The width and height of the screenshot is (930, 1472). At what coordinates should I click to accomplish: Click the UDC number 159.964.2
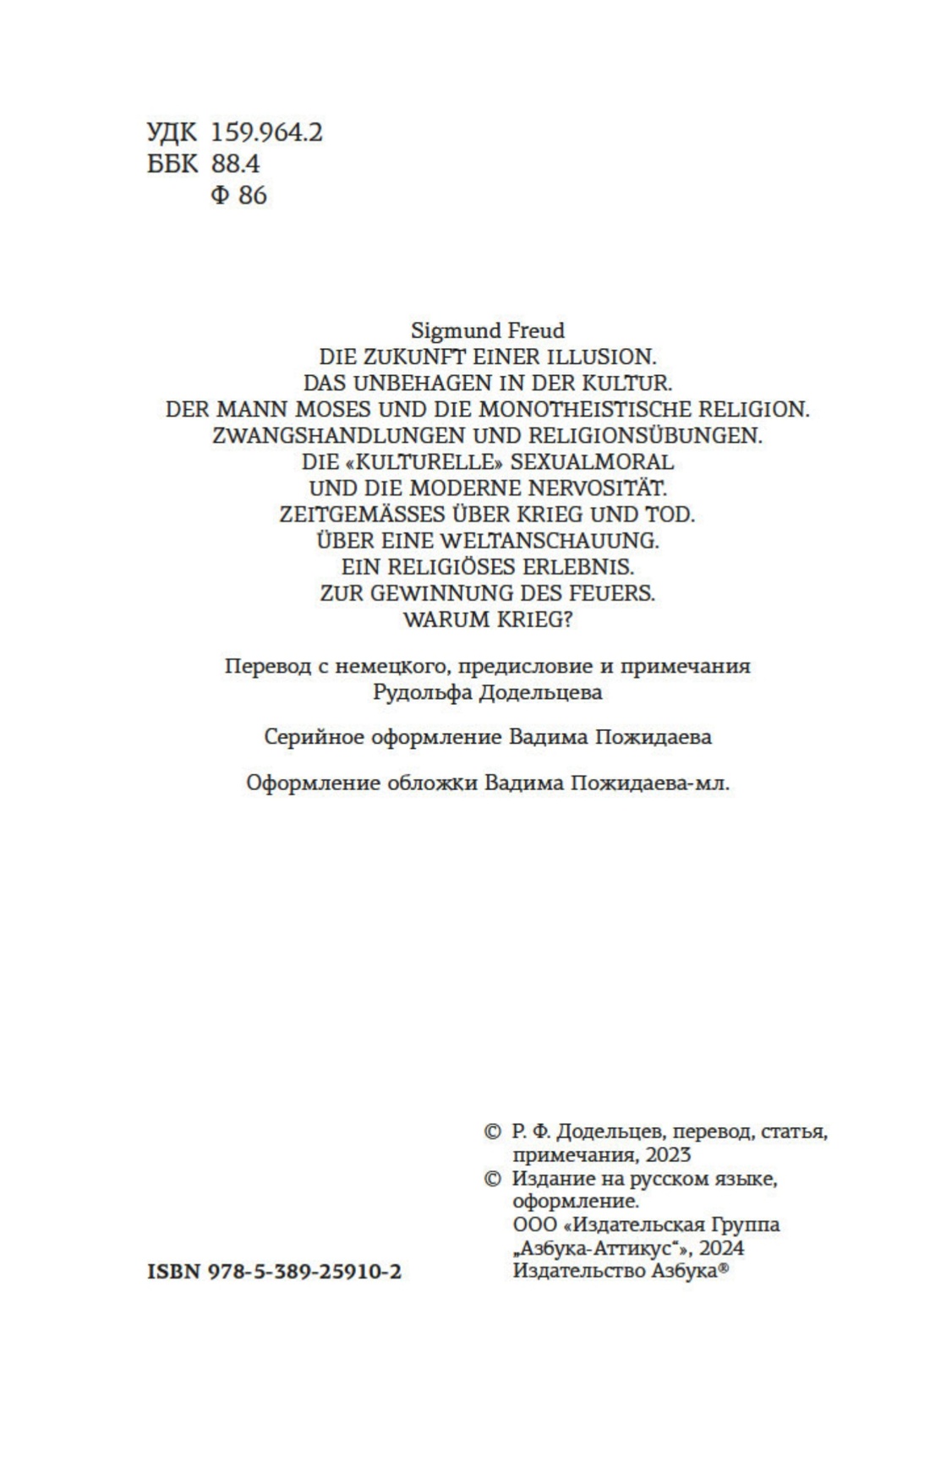click(x=266, y=133)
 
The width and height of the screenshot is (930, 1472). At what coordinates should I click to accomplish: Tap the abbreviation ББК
click(x=172, y=164)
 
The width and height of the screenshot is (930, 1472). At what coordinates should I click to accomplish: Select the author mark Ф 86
click(x=238, y=195)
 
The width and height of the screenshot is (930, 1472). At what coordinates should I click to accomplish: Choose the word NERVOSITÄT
click(x=597, y=488)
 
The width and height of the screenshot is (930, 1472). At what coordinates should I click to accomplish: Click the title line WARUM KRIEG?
click(x=488, y=619)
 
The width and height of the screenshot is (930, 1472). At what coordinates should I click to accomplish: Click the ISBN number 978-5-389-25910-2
click(x=304, y=1271)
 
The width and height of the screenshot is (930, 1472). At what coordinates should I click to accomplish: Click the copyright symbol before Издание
click(x=492, y=1179)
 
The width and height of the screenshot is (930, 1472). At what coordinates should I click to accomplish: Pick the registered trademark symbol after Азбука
click(x=723, y=1268)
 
